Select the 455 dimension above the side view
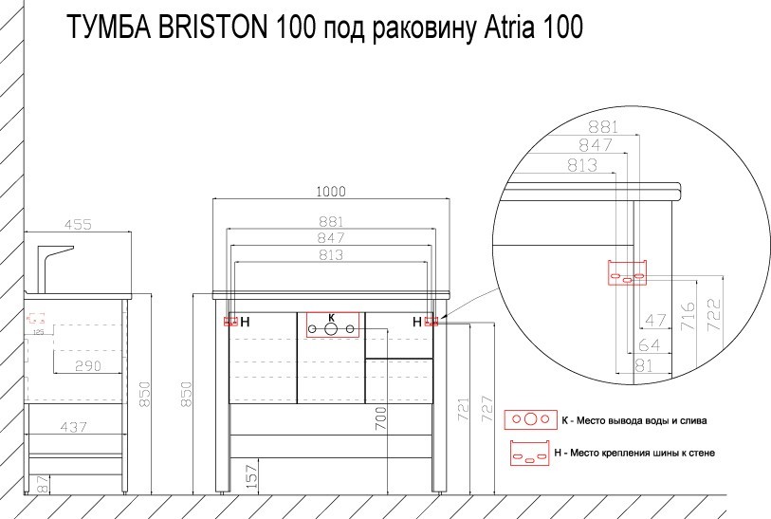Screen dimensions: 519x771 (77, 225)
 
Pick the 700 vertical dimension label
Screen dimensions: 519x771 (380, 419)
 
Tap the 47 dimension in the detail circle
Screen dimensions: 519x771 (655, 320)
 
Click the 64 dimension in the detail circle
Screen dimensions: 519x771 (649, 343)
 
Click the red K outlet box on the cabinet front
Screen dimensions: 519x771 (332, 325)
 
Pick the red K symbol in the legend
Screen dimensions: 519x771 (530, 418)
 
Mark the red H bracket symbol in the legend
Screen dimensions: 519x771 (530, 453)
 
